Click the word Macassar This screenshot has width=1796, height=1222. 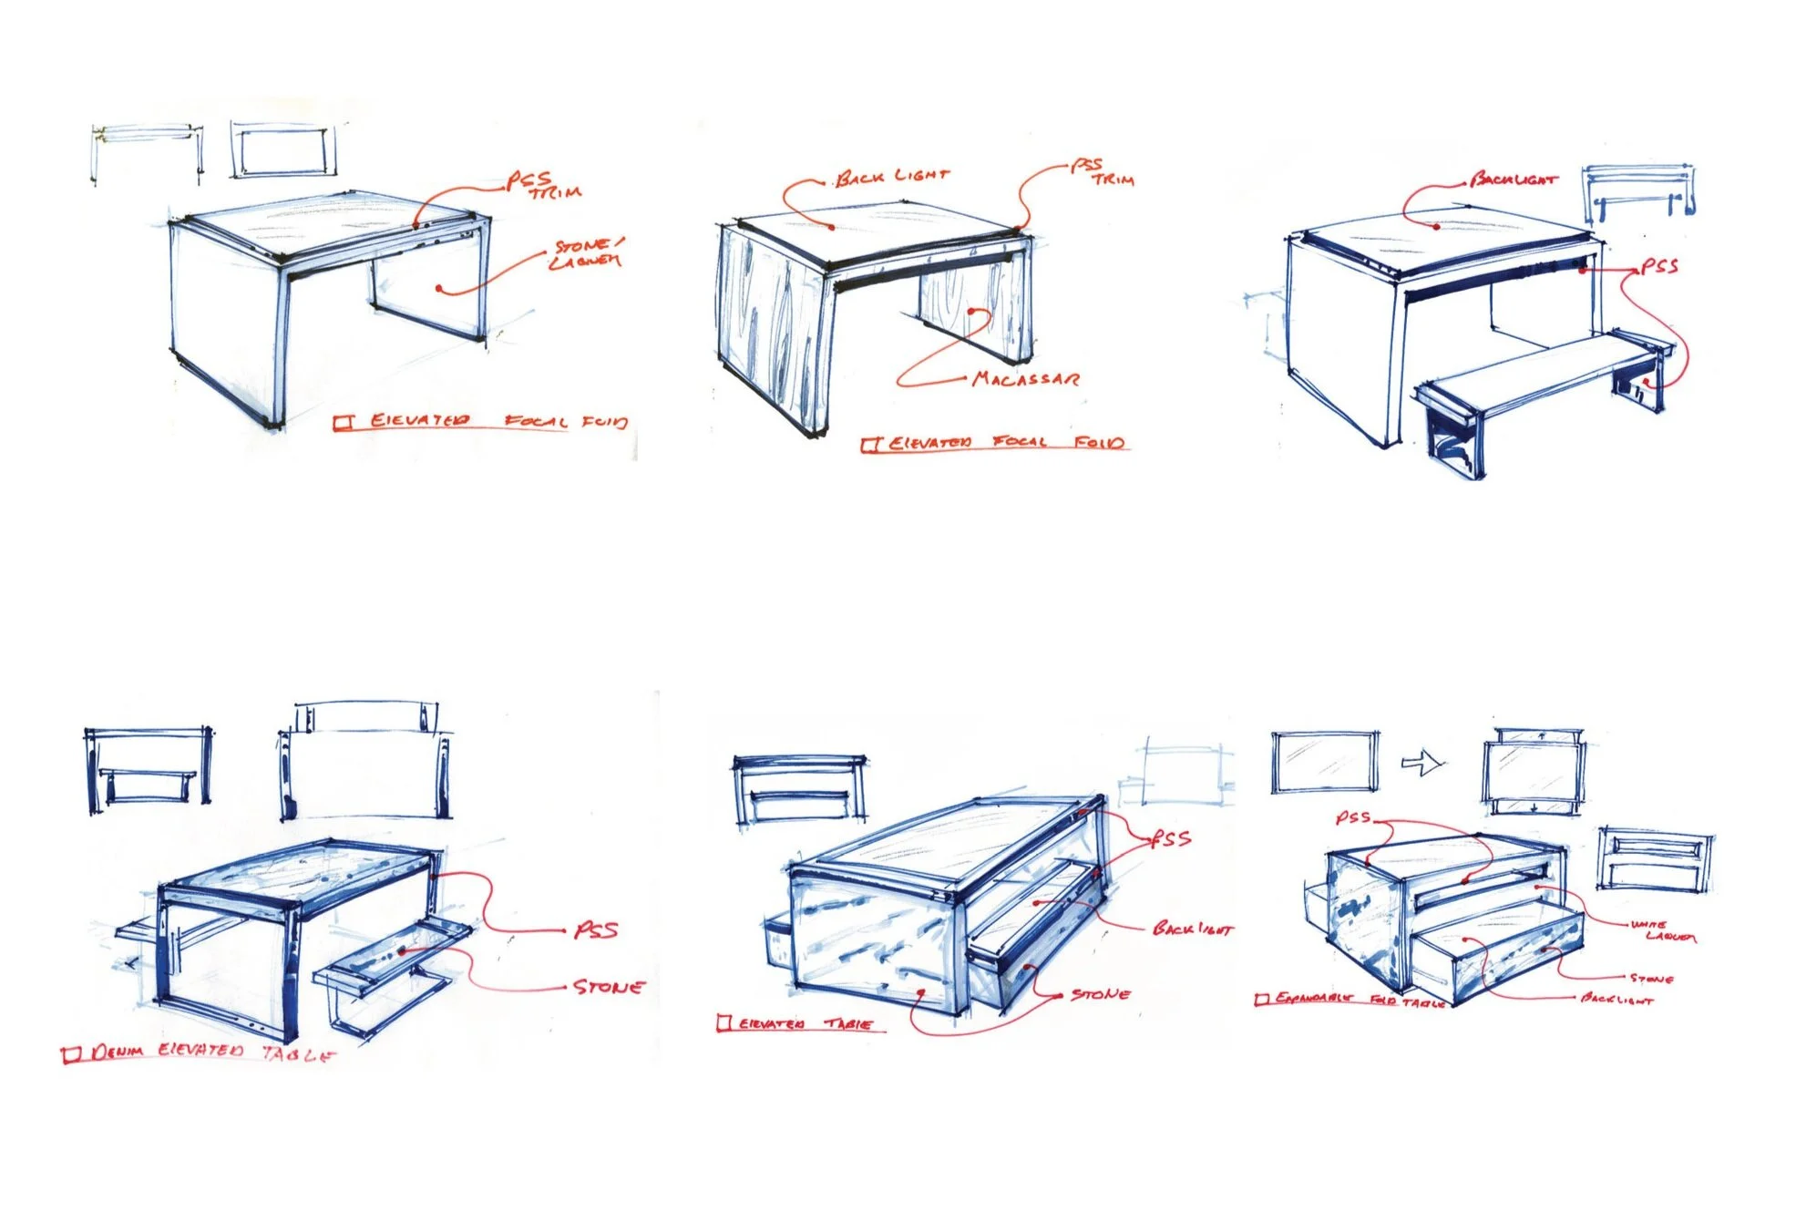(1026, 378)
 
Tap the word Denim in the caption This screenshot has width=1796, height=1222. (118, 1052)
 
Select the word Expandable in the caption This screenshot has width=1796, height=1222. (1313, 999)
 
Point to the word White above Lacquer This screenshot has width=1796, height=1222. (1648, 924)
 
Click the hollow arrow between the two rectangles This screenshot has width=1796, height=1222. (1422, 762)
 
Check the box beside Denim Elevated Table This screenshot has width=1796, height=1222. (71, 1055)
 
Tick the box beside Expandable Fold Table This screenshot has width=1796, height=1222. (1261, 1000)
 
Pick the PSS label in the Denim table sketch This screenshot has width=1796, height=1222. (596, 930)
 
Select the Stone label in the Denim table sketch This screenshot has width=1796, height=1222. (609, 987)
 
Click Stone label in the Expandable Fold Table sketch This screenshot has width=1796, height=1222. (1651, 979)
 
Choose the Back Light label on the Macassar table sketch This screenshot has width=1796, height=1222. (892, 176)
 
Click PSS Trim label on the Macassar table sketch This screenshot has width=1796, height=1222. (1102, 172)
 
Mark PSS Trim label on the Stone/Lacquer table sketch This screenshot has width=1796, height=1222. (544, 185)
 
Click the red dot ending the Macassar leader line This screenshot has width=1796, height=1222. (972, 312)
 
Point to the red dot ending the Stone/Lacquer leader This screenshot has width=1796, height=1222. (439, 289)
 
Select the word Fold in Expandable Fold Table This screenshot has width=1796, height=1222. (1383, 1000)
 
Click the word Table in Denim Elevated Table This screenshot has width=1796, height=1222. (297, 1054)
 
